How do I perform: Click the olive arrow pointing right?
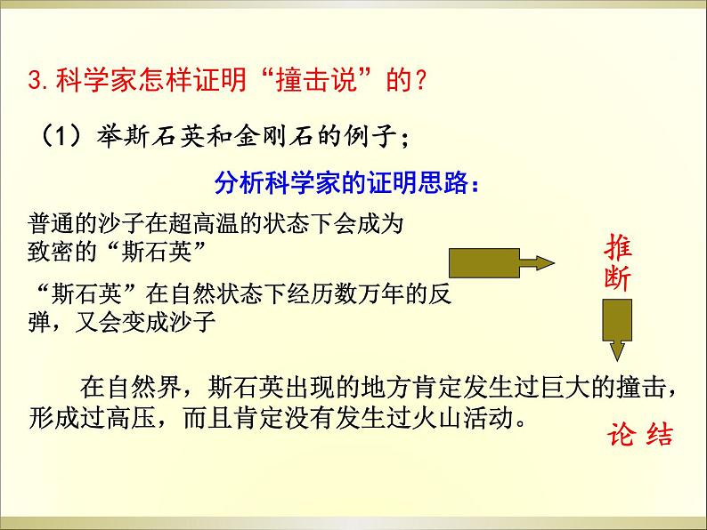pyautogui.click(x=500, y=264)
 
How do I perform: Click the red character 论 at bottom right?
pyautogui.click(x=619, y=437)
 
